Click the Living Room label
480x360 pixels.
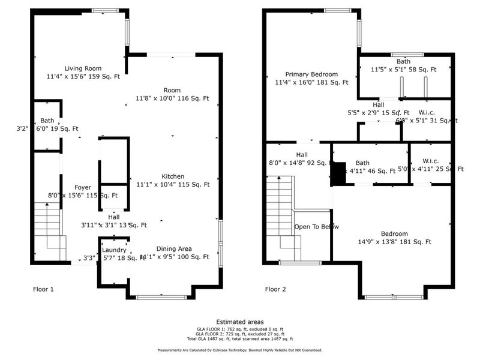pyautogui.click(x=83, y=68)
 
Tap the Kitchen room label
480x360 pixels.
pyautogui.click(x=172, y=176)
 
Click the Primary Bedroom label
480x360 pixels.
pyautogui.click(x=311, y=74)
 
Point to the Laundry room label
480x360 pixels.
pyautogui.click(x=113, y=250)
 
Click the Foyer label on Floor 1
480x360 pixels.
pyautogui.click(x=83, y=187)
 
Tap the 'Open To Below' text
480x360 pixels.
pyautogui.click(x=316, y=227)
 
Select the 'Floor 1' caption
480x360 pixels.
pyautogui.click(x=43, y=289)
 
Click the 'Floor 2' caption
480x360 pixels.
pyautogui.click(x=275, y=289)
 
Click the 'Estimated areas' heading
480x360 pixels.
pyautogui.click(x=239, y=322)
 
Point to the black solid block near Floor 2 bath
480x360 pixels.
pyautogui.click(x=340, y=174)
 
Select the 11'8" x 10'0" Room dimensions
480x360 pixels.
pyautogui.click(x=172, y=98)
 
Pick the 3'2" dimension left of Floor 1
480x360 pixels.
pyautogui.click(x=22, y=128)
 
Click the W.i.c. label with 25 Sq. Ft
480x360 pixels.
pyautogui.click(x=430, y=161)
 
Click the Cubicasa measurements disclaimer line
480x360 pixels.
pyautogui.click(x=239, y=350)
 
